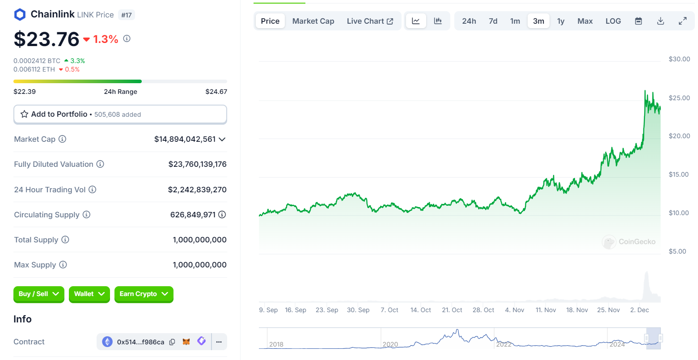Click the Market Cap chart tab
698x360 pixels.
pyautogui.click(x=313, y=21)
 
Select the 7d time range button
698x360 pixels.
pyautogui.click(x=493, y=21)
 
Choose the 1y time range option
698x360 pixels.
pyautogui.click(x=561, y=21)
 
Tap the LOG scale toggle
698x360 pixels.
pyautogui.click(x=613, y=21)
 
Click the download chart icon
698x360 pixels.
pyautogui.click(x=660, y=21)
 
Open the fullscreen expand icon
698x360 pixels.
pyautogui.click(x=682, y=21)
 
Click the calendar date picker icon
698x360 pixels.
pyautogui.click(x=639, y=21)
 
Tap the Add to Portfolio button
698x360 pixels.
pyautogui.click(x=120, y=114)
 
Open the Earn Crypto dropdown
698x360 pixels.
pyautogui.click(x=144, y=294)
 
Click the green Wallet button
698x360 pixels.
pyautogui.click(x=89, y=294)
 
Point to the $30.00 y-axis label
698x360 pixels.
pyautogui.click(x=679, y=59)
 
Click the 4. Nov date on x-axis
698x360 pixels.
pyautogui.click(x=514, y=310)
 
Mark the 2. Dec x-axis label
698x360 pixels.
pyautogui.click(x=639, y=310)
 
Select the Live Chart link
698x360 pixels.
pyautogui.click(x=370, y=21)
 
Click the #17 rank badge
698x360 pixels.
pyautogui.click(x=127, y=15)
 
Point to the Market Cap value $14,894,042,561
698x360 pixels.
pyautogui.click(x=185, y=139)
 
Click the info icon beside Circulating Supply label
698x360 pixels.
pyautogui.click(x=87, y=215)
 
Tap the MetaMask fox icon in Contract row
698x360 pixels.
pyautogui.click(x=186, y=342)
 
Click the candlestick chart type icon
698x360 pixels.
pyautogui.click(x=438, y=21)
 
